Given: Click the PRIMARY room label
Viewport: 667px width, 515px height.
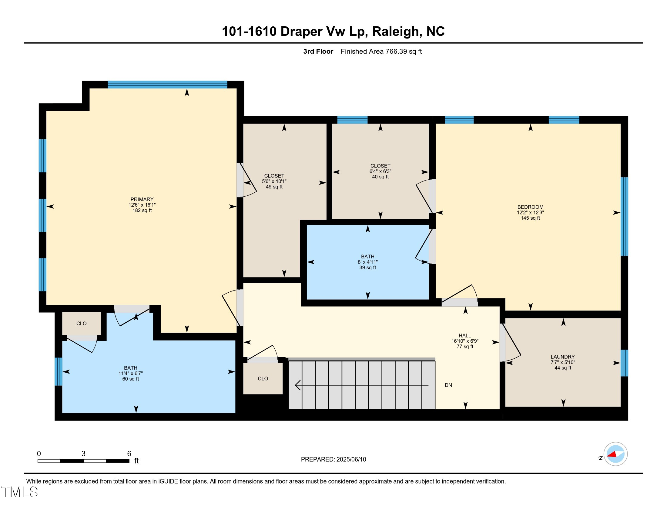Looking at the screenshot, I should [142, 199].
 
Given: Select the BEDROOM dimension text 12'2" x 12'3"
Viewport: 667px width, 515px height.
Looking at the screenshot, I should [530, 212].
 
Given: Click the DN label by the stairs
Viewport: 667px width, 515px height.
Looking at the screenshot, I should [448, 385].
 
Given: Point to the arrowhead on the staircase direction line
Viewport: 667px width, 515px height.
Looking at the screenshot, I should [297, 385].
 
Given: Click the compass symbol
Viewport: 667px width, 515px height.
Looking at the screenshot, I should [615, 454].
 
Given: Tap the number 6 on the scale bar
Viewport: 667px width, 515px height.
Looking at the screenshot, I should [129, 454].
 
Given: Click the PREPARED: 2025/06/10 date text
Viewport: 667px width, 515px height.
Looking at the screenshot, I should [333, 459].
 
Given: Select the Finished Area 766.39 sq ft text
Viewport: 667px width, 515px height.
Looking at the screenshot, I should [381, 51].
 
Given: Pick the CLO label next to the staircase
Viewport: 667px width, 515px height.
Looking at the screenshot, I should [263, 379].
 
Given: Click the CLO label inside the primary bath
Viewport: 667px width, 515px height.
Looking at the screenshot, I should [81, 324].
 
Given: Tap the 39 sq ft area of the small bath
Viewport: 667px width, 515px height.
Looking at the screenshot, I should [367, 267].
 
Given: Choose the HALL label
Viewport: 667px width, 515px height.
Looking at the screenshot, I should [464, 336].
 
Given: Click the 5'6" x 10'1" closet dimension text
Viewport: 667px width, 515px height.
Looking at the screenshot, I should [274, 181].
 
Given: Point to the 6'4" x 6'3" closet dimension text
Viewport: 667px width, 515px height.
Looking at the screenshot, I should [380, 171].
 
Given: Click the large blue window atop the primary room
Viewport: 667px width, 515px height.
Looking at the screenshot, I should [167, 85].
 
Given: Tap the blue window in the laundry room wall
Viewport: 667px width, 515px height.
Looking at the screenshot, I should [624, 363].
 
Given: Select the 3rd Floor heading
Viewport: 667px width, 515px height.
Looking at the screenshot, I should [318, 51].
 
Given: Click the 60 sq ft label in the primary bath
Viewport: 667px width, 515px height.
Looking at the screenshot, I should [130, 379].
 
